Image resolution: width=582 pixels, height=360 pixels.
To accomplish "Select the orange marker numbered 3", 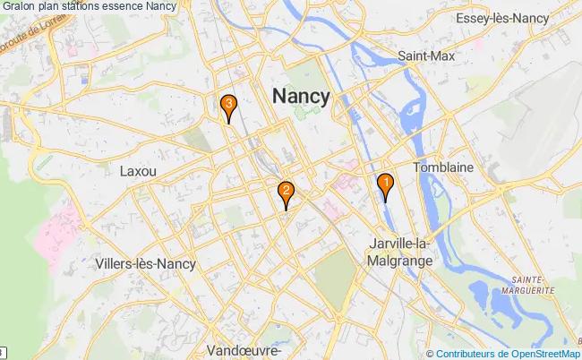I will pos(229,105).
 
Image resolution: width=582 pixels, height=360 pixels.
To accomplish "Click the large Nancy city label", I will pos(300,96).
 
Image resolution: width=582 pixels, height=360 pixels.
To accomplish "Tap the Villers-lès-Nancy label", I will pos(144,264).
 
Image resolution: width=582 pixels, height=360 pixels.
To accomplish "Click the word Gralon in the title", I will pos(20,6).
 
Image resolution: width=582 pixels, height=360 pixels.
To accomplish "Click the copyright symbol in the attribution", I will pos(431,354).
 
